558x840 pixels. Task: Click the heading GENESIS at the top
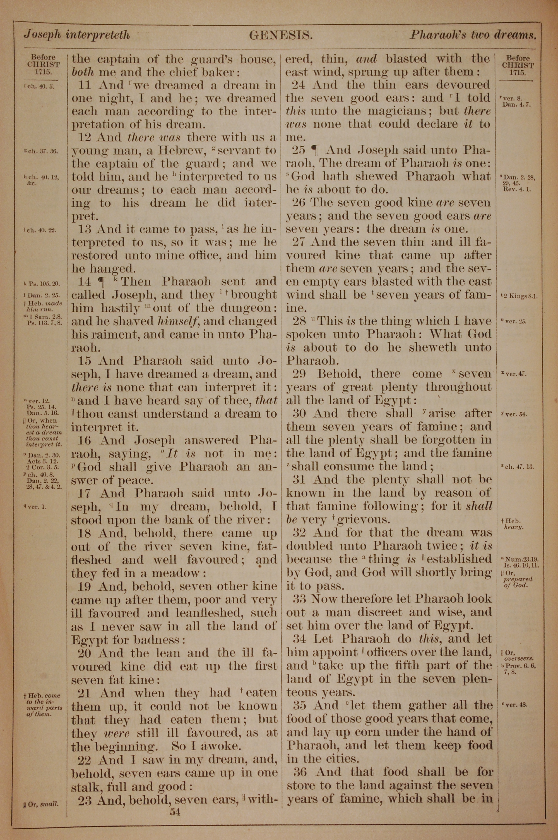[x=281, y=35]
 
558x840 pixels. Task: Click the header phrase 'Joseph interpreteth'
[x=76, y=35]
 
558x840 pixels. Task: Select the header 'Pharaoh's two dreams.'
[x=473, y=35]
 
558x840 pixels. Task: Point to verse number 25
[x=299, y=150]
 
